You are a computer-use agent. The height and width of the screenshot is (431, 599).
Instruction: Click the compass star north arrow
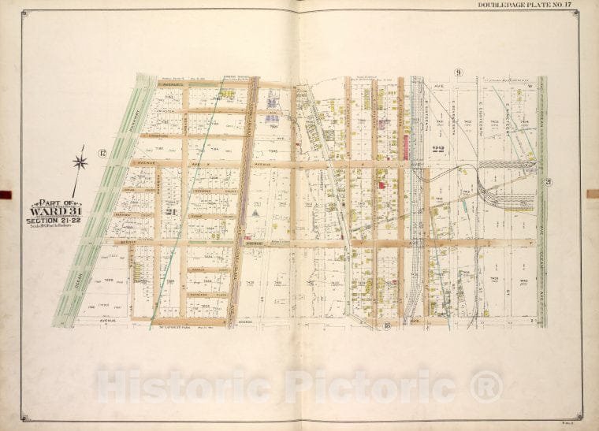79,162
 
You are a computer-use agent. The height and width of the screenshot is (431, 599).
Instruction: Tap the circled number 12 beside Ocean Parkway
102,152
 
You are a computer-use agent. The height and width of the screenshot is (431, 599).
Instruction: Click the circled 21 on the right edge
547,181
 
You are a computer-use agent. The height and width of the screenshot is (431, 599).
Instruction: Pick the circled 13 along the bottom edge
386,325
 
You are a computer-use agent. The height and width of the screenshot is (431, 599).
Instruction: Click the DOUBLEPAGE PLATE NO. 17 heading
526,6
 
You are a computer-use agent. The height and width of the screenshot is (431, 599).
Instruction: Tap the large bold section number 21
169,211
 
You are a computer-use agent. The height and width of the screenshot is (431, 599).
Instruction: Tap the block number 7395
273,152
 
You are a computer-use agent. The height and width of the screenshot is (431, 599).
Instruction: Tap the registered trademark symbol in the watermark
486,386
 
